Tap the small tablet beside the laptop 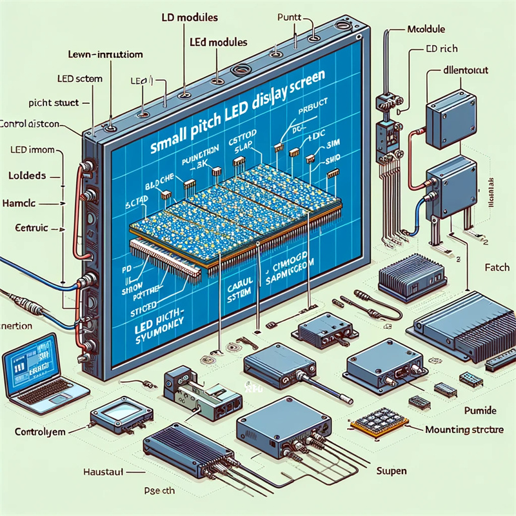coord(116,414)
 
